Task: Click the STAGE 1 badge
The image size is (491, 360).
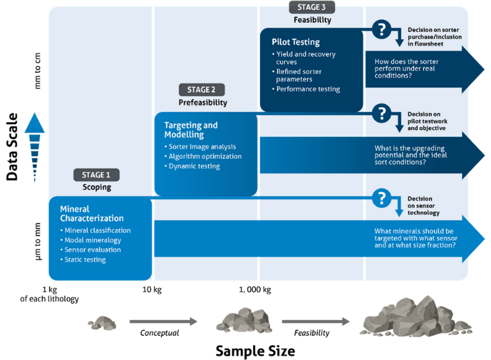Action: click(96, 175)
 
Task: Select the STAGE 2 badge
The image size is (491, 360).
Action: click(202, 90)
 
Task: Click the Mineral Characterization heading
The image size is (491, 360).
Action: click(91, 213)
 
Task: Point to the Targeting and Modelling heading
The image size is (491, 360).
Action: click(191, 129)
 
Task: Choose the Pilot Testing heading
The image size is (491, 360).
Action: click(296, 42)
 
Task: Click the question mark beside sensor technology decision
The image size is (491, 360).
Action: click(382, 197)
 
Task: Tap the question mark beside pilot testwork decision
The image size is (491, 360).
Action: click(382, 113)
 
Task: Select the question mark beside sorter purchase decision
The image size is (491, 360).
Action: click(382, 28)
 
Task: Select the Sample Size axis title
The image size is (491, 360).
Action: click(255, 351)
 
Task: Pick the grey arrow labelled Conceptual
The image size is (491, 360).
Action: click(163, 321)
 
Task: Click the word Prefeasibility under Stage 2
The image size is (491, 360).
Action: click(203, 102)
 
